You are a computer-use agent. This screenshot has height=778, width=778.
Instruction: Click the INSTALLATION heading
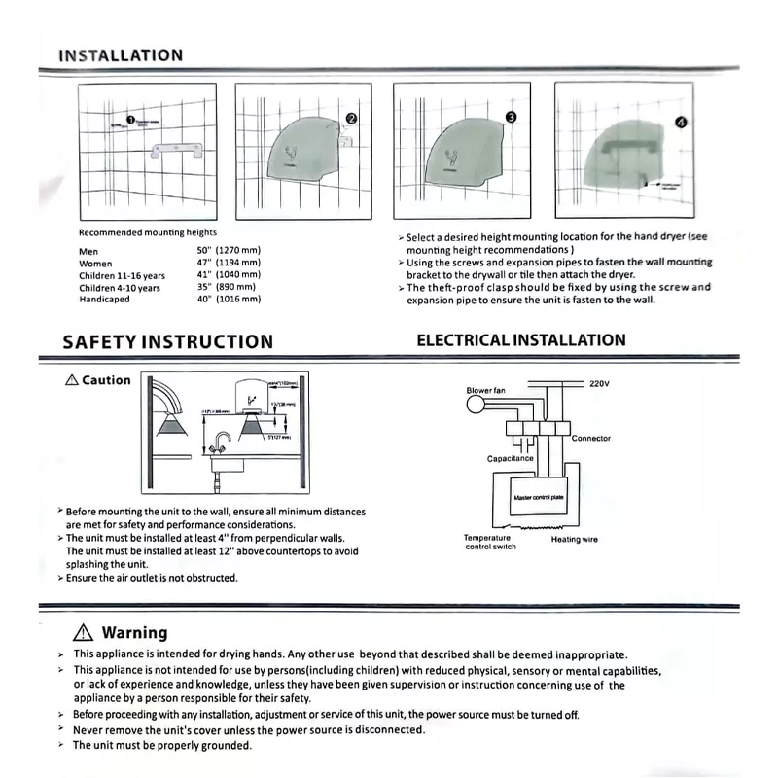121,55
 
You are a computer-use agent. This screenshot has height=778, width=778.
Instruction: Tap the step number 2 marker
351,118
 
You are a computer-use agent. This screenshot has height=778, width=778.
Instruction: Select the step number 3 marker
512,117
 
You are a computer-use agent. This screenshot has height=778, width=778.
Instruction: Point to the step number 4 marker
681,124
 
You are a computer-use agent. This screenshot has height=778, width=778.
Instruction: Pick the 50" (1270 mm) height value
229,251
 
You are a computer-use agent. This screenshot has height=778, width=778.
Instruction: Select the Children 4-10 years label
120,287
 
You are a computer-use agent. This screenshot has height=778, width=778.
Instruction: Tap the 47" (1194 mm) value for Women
229,263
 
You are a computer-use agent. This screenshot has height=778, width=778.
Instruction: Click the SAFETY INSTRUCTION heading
167,341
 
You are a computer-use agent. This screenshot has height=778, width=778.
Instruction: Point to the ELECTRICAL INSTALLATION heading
521,340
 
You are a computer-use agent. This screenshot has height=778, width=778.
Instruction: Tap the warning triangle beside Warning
83,632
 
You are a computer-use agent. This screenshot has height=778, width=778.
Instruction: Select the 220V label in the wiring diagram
599,384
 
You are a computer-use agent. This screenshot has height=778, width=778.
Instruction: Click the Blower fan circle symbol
476,406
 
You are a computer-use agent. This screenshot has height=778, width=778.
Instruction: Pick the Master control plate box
538,498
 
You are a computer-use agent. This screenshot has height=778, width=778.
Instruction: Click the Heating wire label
575,539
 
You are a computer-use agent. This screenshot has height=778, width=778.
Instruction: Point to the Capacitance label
511,458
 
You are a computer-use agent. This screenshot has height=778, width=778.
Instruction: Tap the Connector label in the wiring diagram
591,438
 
